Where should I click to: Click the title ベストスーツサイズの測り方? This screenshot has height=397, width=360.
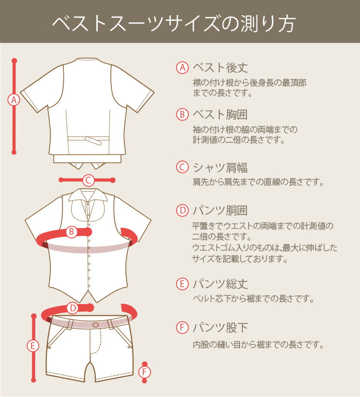(x=174, y=24)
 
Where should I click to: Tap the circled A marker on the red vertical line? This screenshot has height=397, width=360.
(x=14, y=100)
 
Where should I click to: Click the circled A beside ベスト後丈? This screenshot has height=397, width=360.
(x=182, y=68)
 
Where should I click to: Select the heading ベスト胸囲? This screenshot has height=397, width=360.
(x=220, y=114)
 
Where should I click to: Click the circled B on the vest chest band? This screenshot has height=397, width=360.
(x=72, y=231)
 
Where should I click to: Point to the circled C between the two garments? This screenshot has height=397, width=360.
(x=88, y=180)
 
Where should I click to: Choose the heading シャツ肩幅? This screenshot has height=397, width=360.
(x=220, y=168)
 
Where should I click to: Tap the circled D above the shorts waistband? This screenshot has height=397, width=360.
(x=73, y=308)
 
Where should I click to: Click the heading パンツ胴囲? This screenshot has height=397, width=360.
(x=220, y=211)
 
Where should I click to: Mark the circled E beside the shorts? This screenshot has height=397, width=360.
(x=33, y=346)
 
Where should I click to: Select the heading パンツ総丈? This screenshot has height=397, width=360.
(x=220, y=284)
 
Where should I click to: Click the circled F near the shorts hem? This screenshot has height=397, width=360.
(x=145, y=372)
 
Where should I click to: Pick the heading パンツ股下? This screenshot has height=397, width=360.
(x=220, y=328)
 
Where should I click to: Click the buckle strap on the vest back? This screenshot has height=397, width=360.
(x=93, y=140)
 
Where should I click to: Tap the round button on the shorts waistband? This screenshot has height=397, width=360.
(x=96, y=325)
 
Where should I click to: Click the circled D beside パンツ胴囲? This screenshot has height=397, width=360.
(x=182, y=211)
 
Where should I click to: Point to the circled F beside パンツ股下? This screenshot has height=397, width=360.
(x=182, y=328)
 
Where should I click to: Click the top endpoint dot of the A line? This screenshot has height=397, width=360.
(x=14, y=61)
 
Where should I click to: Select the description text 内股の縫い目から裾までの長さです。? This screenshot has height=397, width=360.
(x=258, y=345)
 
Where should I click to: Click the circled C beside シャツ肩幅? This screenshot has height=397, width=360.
(x=182, y=168)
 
